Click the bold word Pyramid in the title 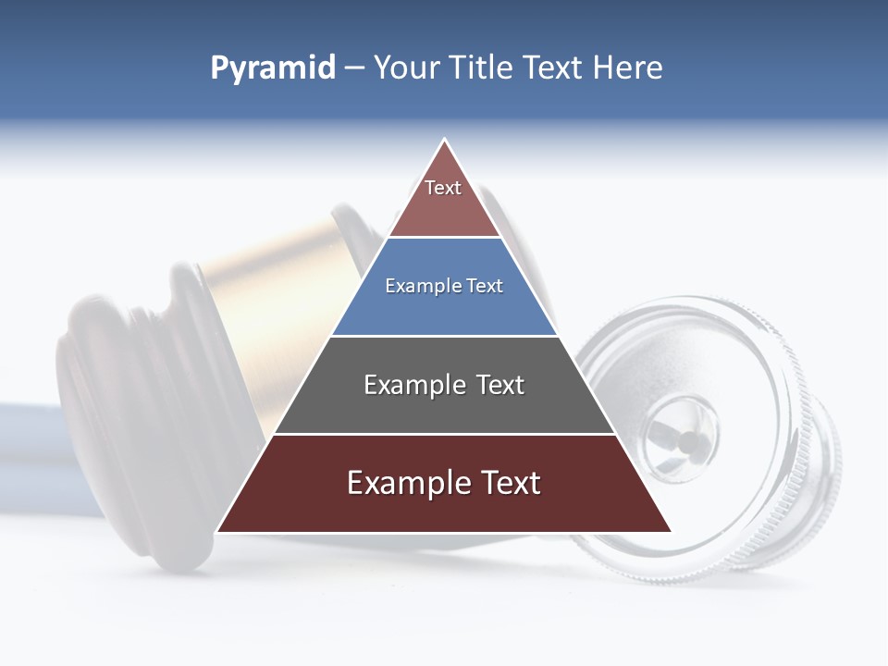(x=273, y=68)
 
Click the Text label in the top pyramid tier (x=443, y=188)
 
